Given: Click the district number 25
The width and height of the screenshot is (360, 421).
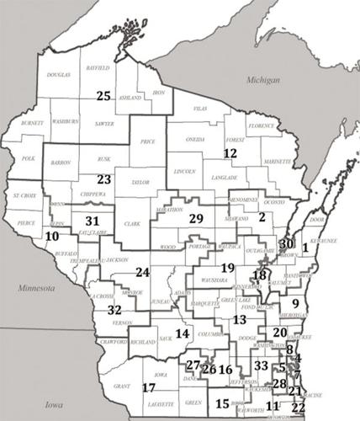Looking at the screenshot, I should [x=103, y=96].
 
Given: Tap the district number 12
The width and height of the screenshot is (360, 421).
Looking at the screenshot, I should [x=230, y=153].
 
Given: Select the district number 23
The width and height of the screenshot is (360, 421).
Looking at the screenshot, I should [x=103, y=179].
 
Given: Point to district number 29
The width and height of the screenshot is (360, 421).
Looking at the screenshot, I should [x=195, y=219].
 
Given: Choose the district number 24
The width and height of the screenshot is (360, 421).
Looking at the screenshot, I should [x=142, y=272].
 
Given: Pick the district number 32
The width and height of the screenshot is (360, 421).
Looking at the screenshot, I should [x=114, y=310].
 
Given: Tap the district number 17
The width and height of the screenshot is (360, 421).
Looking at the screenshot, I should [x=149, y=386].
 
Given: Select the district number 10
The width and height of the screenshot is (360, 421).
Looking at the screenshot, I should [x=52, y=237].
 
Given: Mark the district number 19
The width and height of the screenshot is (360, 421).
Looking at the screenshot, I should [x=227, y=267].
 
